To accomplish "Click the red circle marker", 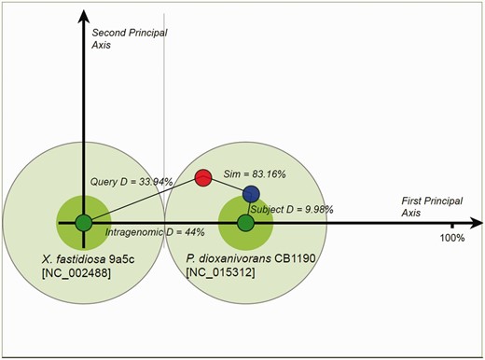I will tap(202, 176).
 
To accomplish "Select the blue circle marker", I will tap(251, 194).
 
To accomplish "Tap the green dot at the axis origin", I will tap(83, 223).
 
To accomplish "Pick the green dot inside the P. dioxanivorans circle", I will tap(245, 223).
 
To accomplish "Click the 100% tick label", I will tap(452, 238).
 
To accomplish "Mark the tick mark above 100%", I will tap(452, 224).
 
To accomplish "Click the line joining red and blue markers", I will tap(227, 185).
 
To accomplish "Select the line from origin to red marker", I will tap(142, 200).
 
